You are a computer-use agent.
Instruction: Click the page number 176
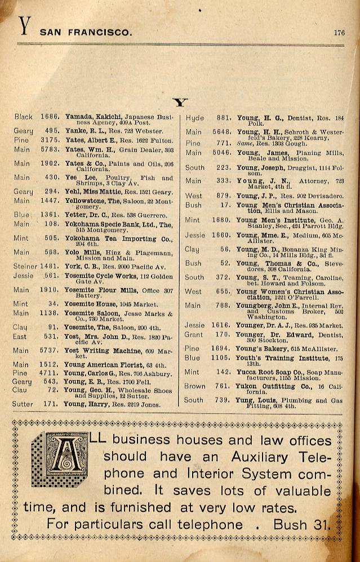[339, 33]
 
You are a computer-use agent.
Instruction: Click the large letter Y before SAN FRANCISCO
[24, 26]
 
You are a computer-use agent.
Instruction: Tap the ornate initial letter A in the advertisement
[66, 459]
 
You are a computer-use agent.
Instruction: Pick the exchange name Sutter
[23, 404]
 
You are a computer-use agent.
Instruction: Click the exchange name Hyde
[194, 118]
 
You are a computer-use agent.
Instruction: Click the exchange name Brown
[194, 387]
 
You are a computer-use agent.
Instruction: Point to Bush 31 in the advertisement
[301, 524]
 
